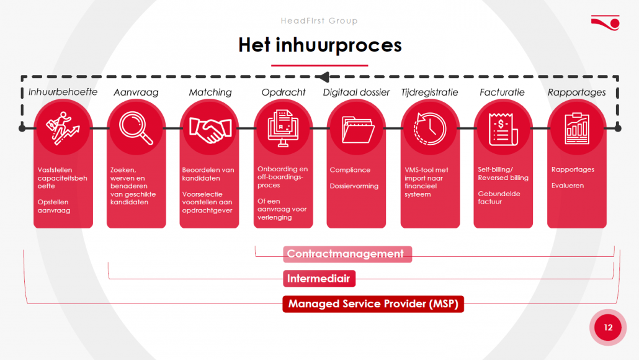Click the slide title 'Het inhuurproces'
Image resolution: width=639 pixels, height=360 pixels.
(320, 45)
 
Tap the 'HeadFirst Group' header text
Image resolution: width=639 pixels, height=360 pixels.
(319, 20)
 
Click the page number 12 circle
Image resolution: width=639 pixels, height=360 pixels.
(608, 327)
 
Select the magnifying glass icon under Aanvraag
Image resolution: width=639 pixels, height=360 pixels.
(136, 128)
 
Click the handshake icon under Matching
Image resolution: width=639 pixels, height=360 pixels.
(210, 130)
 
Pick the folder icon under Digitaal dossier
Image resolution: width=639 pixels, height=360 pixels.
(357, 130)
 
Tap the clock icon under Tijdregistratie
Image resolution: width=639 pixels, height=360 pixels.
(430, 129)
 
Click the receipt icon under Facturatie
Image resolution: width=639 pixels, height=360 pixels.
(503, 129)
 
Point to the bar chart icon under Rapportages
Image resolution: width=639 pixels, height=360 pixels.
(576, 128)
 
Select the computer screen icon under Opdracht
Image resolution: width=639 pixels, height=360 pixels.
(284, 128)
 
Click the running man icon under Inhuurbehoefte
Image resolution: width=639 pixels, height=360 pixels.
(63, 128)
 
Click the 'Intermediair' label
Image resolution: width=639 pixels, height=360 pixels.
(319, 279)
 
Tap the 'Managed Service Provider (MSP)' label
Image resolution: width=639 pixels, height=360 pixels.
(373, 304)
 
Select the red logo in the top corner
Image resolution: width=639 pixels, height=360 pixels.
(605, 23)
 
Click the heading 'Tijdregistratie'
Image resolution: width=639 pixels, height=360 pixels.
(429, 92)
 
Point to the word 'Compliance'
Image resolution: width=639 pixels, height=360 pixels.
(350, 169)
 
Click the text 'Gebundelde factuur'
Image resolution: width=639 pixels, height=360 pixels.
(499, 198)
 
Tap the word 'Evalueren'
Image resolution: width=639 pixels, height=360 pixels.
(567, 186)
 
